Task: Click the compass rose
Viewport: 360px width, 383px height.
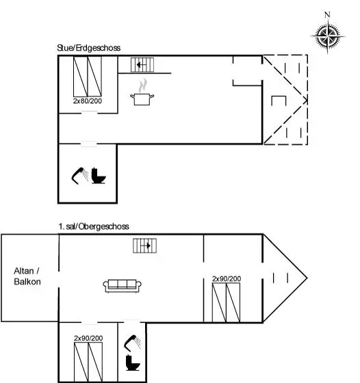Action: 328,37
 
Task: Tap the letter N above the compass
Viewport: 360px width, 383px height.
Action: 327,14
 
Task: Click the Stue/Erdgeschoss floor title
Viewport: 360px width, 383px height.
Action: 89,48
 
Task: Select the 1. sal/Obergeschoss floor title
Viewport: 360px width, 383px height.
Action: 94,226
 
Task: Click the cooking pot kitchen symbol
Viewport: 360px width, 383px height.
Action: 142,99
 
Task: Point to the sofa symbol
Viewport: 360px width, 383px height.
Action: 123,286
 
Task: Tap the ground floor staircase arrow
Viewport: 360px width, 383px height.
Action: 142,65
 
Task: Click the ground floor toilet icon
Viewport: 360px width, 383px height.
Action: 99,176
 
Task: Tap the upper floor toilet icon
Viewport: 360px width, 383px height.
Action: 133,362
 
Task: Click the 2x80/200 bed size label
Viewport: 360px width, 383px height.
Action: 88,101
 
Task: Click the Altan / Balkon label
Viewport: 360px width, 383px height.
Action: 27,276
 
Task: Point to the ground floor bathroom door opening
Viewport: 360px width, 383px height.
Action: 89,144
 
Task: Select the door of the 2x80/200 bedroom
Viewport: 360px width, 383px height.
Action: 89,113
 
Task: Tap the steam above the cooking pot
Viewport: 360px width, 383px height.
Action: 143,85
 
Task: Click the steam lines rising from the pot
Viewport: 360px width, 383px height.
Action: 143,85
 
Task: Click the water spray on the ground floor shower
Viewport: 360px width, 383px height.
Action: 86,175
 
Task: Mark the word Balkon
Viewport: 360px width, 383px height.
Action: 27,282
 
